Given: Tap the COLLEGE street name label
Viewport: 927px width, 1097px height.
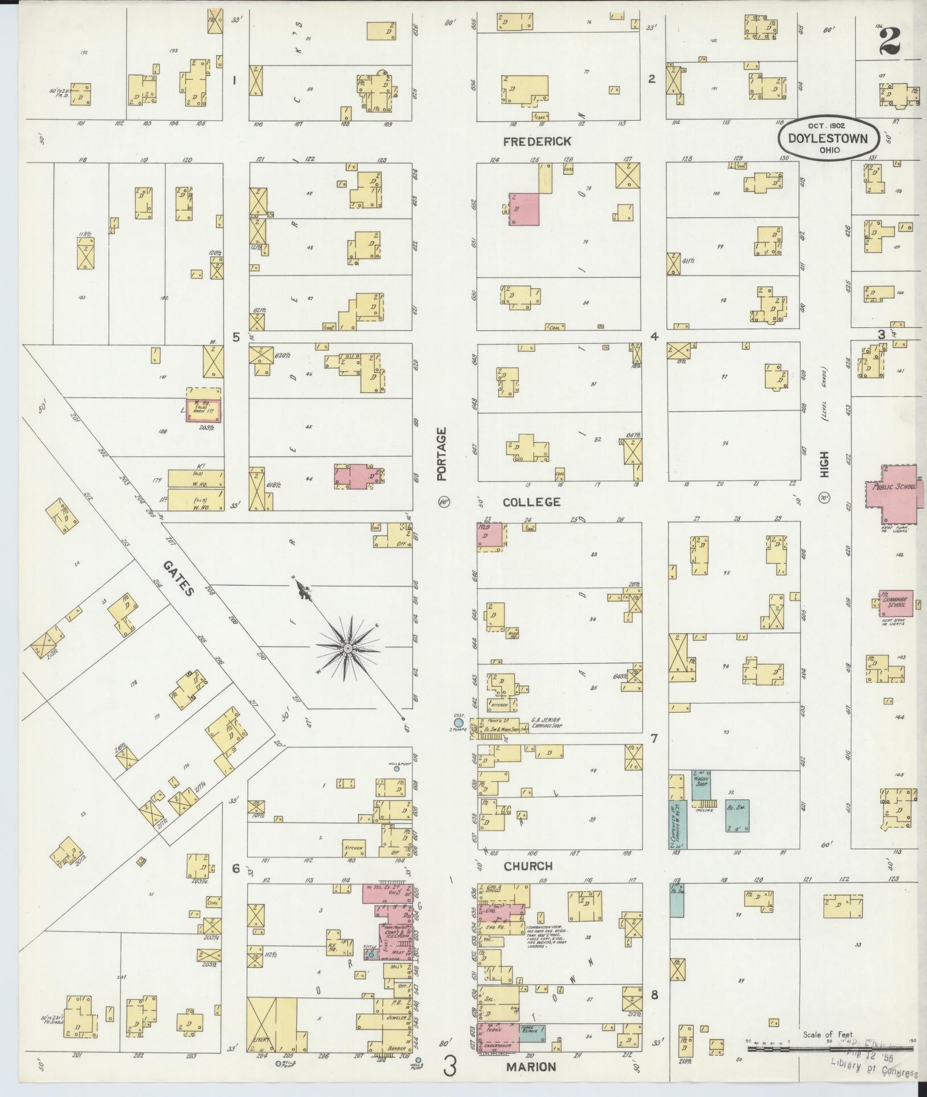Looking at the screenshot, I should click(532, 502).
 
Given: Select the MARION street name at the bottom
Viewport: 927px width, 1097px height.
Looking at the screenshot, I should click(531, 1067).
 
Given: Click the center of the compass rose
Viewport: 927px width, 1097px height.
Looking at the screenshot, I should click(347, 648).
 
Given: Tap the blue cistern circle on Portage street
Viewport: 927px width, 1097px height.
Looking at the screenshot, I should click(459, 723).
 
